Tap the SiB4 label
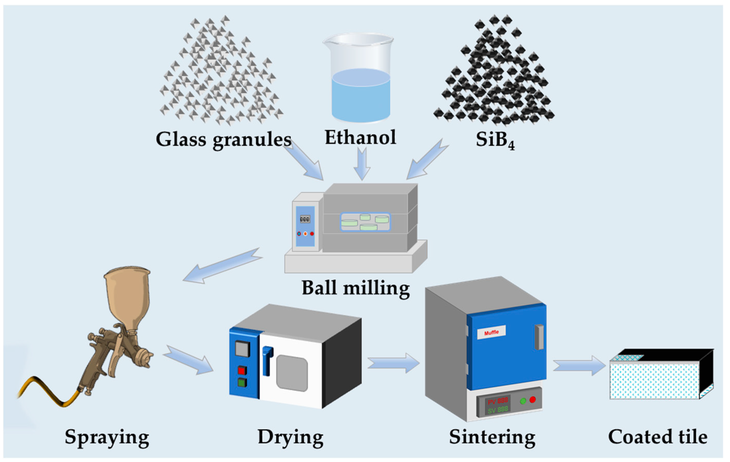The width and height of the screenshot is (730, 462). pos(495,140)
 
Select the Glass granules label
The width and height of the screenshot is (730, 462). pos(224,140)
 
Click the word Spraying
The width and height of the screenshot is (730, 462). pos(107,437)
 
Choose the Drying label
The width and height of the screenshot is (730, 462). pos(290,437)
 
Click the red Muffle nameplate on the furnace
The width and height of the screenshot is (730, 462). pos(491,332)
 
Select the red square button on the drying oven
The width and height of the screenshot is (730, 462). pos(242,370)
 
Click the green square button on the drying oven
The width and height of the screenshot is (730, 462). pos(242,383)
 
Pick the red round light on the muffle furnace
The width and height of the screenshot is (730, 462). pos(532,399)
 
